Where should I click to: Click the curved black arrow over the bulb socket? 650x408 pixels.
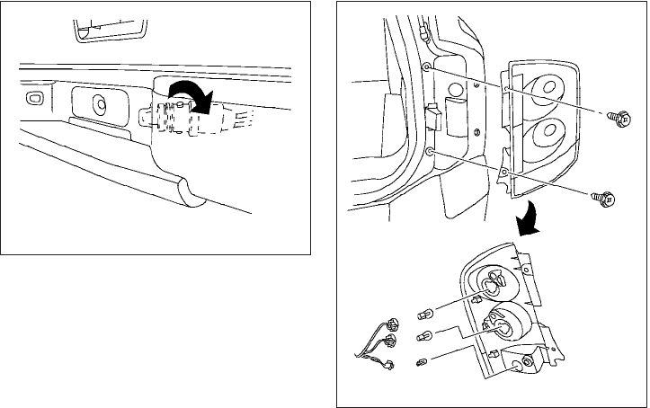193,93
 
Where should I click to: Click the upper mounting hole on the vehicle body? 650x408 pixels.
428,67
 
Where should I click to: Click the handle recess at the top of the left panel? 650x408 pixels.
109,27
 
